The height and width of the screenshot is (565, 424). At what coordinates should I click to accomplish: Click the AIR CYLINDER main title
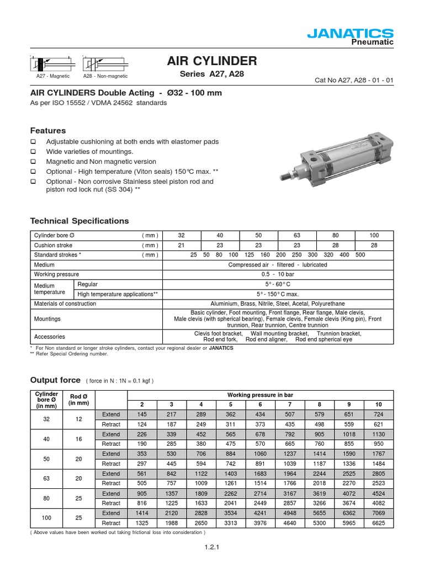tap(212, 61)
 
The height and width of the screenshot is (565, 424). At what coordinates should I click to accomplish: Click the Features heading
tap(47, 131)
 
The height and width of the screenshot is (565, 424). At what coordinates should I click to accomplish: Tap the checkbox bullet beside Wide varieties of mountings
tap(33, 152)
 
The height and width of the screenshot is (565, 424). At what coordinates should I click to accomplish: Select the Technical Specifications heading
tap(79, 221)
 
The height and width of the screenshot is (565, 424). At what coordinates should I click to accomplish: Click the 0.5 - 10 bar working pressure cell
tap(278, 274)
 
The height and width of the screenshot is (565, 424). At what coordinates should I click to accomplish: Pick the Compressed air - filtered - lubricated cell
tap(278, 264)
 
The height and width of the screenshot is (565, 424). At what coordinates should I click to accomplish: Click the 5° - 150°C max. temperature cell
tap(278, 294)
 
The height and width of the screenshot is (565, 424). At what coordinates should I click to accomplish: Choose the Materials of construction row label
tap(65, 304)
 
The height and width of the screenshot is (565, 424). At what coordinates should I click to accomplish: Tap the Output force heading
tap(55, 380)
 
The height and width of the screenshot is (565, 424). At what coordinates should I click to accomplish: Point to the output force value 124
tap(142, 424)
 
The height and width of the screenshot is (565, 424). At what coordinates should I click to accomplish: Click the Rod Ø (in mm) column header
tap(78, 399)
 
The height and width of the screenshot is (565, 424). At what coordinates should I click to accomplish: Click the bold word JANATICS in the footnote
tap(221, 348)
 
